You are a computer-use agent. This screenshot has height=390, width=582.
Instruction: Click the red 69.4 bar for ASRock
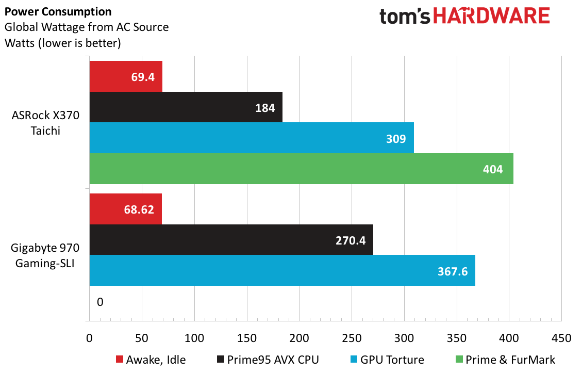[x=126, y=76]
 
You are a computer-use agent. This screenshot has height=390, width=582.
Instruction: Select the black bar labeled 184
[x=186, y=107]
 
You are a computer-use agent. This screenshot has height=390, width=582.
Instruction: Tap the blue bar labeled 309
[x=252, y=138]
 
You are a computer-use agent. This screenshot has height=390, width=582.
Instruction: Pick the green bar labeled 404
[x=302, y=169]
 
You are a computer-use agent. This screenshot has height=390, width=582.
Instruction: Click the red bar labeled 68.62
[x=125, y=209]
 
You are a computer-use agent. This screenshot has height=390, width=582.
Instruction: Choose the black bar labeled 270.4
[x=231, y=239]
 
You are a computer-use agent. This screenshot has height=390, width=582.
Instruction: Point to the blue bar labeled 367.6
[x=282, y=270]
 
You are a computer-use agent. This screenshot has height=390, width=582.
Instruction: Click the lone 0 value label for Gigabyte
[x=100, y=302]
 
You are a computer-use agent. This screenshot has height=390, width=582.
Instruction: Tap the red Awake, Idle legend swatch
[x=120, y=359]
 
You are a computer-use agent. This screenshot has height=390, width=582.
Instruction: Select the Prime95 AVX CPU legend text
[x=273, y=360]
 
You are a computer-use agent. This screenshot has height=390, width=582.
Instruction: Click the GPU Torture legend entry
[x=387, y=360]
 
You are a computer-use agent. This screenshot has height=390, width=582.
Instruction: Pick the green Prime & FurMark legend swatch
[x=459, y=359]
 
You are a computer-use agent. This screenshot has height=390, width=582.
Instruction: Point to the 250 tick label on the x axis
[x=352, y=338]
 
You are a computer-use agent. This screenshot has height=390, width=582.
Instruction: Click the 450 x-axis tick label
[x=561, y=338]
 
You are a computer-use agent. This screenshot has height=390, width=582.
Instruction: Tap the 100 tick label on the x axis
[x=194, y=338]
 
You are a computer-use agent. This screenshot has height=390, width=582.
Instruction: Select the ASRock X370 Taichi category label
[x=45, y=123]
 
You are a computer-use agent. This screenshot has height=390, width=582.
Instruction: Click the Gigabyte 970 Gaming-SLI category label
[x=45, y=255]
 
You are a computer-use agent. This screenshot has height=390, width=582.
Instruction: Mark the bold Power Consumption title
[x=58, y=11]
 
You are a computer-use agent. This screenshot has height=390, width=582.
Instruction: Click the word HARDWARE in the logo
[x=491, y=16]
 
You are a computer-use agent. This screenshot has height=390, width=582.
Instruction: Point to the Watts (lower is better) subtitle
[x=63, y=43]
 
